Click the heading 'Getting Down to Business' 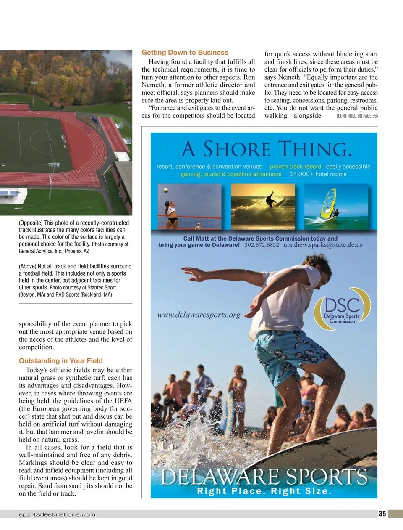[x=185, y=53]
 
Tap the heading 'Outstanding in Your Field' [x=60, y=361]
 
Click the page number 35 [x=382, y=514]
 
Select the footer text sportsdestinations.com [x=57, y=514]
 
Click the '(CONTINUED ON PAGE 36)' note [x=357, y=116]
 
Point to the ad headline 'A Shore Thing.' [x=266, y=149]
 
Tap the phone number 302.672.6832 [x=262, y=245]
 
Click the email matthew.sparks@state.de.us [x=322, y=245]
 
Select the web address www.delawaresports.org [x=199, y=315]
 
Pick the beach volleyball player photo [x=189, y=207]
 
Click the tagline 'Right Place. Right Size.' [x=264, y=491]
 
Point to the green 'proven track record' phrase [x=295, y=167]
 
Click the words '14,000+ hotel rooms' [x=318, y=174]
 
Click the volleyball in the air [x=166, y=191]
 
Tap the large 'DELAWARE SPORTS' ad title [x=264, y=477]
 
